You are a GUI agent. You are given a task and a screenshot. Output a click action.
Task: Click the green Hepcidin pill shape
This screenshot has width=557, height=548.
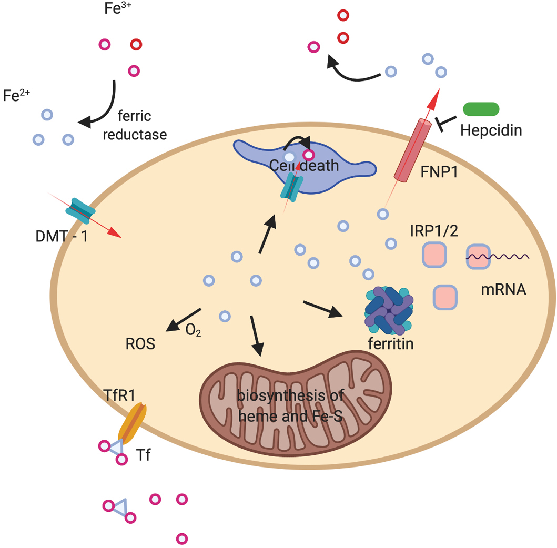(x=481, y=108)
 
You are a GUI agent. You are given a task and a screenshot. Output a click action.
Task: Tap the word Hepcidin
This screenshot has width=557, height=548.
(x=491, y=130)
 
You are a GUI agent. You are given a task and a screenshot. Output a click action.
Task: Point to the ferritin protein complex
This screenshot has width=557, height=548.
(x=388, y=310)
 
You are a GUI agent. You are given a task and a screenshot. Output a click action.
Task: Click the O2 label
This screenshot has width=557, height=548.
(x=193, y=330)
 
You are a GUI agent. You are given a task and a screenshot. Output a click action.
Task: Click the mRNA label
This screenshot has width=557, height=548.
(x=503, y=289)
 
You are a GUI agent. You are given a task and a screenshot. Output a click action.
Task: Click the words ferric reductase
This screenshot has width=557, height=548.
(x=135, y=127)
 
